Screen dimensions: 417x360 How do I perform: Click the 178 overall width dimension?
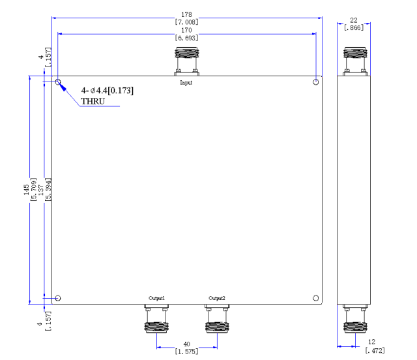click(x=186, y=14)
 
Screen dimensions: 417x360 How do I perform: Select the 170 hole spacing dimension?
click(x=186, y=30)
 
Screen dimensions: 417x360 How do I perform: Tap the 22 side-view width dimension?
click(x=354, y=20)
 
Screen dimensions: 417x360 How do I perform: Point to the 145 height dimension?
click(x=26, y=189)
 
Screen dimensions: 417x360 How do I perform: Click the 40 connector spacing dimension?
click(x=187, y=344)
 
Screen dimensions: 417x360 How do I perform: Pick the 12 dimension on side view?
click(x=371, y=342)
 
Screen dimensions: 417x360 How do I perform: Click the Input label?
click(x=186, y=83)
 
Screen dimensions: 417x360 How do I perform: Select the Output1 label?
click(x=156, y=298)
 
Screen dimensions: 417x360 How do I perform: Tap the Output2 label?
click(x=217, y=298)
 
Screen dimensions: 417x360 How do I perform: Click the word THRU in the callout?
click(x=93, y=101)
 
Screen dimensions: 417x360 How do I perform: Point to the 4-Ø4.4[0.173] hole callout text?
click(x=107, y=91)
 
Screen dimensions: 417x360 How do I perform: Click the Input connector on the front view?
click(x=187, y=61)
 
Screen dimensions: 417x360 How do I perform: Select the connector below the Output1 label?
click(x=156, y=319)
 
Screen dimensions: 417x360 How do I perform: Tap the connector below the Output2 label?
click(x=217, y=319)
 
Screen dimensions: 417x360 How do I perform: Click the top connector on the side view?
click(x=355, y=61)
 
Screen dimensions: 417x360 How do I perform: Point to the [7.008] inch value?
click(x=186, y=22)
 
